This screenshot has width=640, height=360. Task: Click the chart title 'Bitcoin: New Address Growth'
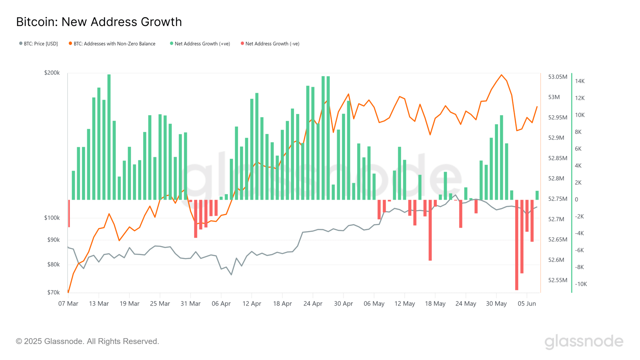pos(99,22)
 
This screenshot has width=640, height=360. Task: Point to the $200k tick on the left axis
pos(52,73)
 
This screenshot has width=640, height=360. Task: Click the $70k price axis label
pos(53,292)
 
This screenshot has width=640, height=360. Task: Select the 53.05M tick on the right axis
pos(557,77)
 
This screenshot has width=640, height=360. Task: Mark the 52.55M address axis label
pos(557,280)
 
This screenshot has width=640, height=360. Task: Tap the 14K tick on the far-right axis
pos(580,81)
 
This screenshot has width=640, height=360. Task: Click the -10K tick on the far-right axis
pos(581,284)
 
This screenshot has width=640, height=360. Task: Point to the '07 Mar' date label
pos(68,304)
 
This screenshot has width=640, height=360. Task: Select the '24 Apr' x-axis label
pos(313,304)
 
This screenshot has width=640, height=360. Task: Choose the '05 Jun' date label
pos(527,304)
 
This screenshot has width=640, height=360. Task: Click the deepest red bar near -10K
pos(517,245)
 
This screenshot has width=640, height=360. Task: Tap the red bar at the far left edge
pos(69,213)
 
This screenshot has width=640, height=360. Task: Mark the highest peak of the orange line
pos(502,75)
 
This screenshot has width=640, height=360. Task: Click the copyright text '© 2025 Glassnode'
pos(87,341)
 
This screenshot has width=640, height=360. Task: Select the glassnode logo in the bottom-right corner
pos(584,342)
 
